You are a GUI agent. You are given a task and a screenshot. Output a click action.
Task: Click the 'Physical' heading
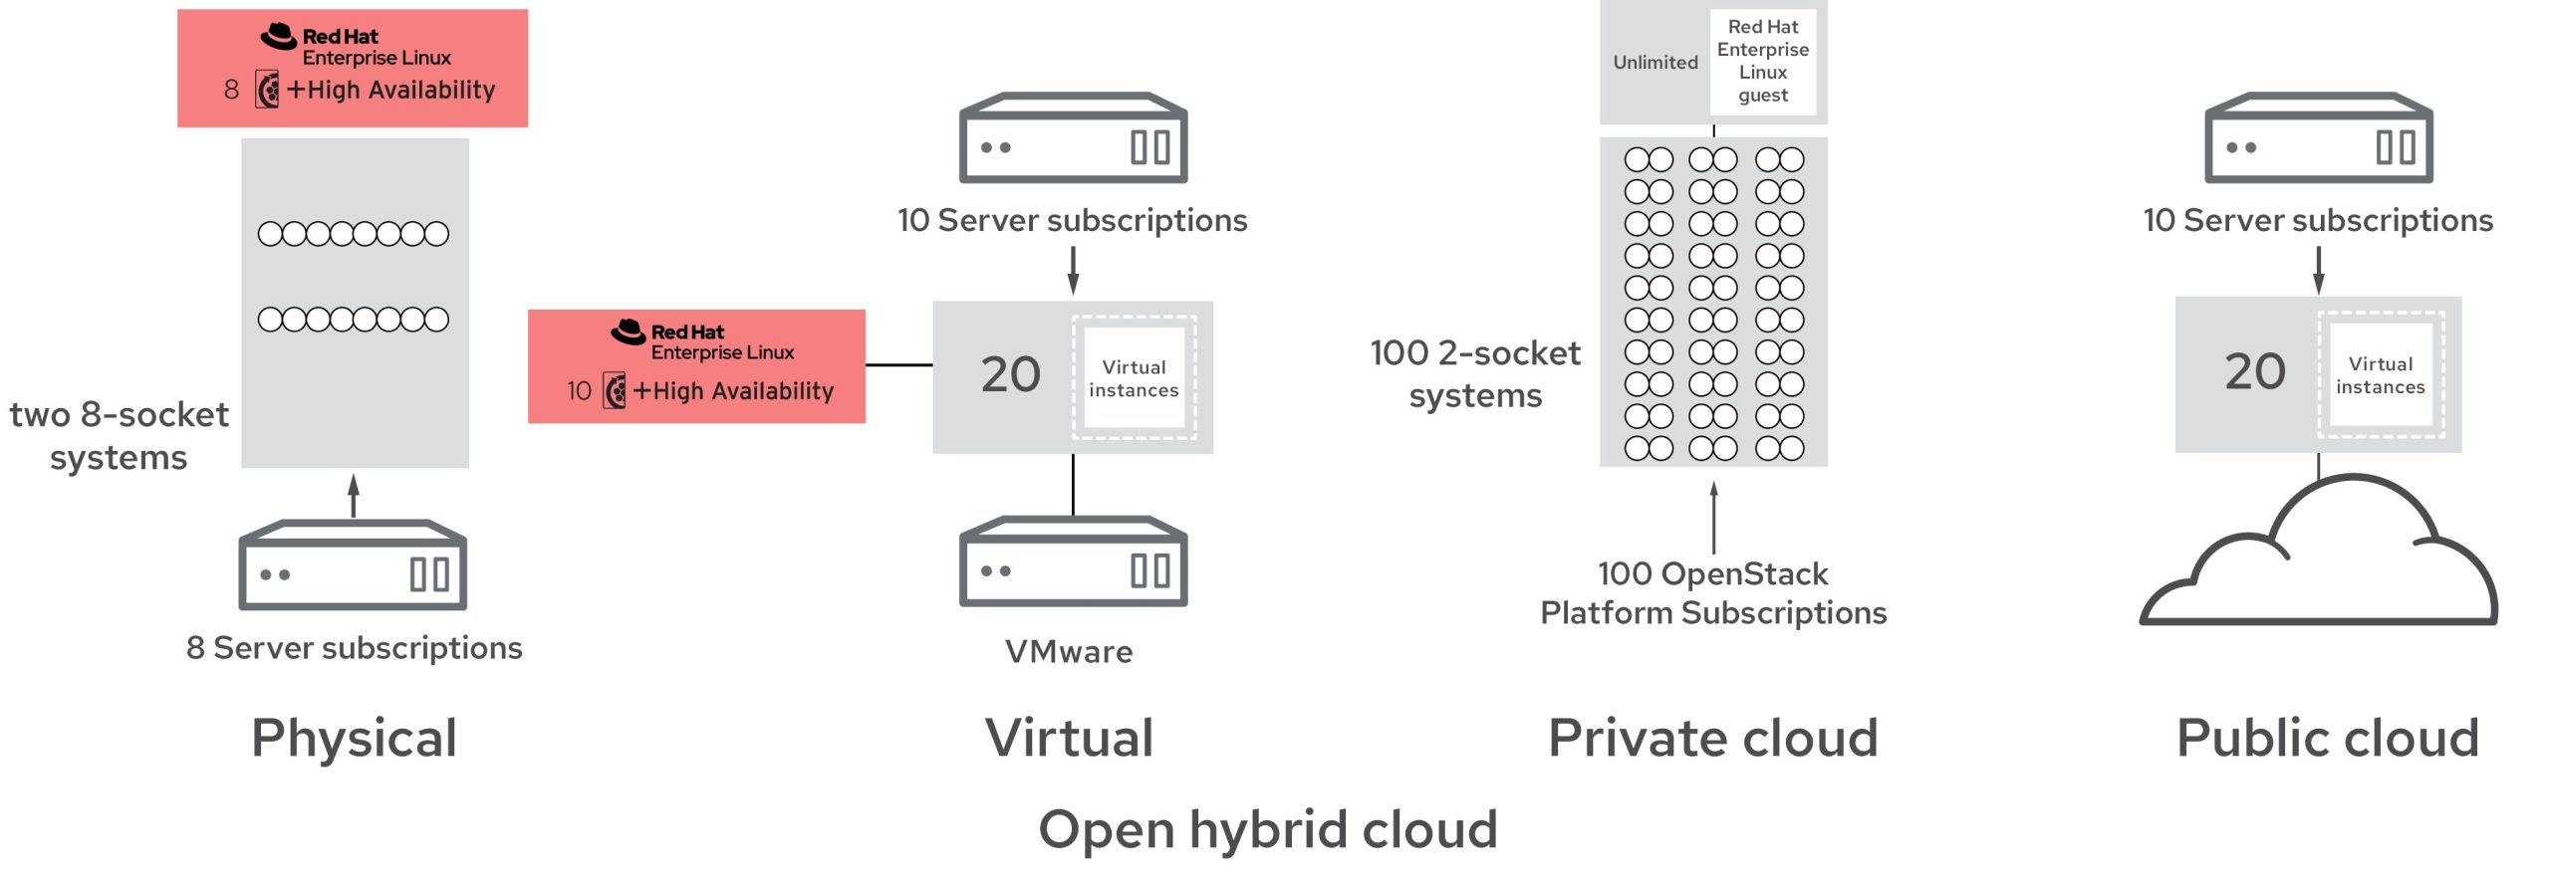click(354, 739)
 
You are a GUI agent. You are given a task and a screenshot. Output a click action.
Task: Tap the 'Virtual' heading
click(1069, 739)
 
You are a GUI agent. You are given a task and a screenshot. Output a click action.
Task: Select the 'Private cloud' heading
click(1712, 739)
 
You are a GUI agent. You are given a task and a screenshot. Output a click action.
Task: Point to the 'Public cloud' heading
click(2327, 739)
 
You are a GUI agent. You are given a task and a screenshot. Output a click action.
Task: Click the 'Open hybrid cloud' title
click(1268, 829)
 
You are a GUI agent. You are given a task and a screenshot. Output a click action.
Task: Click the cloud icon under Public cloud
click(2321, 562)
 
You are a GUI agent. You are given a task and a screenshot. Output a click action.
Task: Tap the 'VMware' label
click(1069, 652)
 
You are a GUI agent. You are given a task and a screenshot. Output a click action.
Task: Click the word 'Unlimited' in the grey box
click(1655, 63)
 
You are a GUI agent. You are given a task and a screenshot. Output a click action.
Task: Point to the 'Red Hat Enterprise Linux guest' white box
click(1763, 62)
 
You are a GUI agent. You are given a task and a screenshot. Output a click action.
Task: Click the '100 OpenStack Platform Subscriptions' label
click(1713, 593)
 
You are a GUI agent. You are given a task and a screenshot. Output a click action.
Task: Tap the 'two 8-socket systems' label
click(119, 436)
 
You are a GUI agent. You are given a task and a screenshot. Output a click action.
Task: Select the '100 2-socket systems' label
click(1475, 374)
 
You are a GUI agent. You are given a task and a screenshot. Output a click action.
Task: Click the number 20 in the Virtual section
click(1010, 375)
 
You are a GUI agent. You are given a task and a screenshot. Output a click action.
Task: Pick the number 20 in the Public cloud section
click(2255, 372)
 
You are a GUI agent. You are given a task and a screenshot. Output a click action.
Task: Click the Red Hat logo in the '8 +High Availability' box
click(279, 37)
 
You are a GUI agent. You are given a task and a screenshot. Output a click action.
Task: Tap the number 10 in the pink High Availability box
click(579, 391)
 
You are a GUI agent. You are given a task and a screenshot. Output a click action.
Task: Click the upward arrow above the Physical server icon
click(354, 495)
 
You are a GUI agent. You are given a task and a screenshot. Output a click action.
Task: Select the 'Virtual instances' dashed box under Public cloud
click(2381, 375)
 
